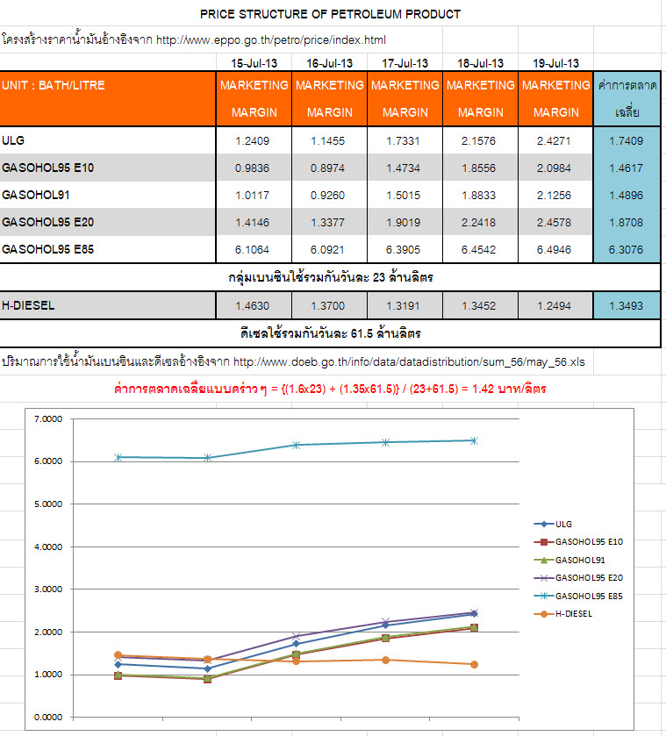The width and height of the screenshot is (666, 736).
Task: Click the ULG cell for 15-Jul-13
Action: (254, 140)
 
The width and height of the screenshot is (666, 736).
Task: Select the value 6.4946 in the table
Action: (556, 249)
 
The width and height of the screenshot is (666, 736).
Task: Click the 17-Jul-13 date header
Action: (405, 63)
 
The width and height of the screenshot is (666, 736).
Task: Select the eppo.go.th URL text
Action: (271, 40)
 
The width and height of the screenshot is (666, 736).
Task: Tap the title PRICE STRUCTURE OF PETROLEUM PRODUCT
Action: (330, 14)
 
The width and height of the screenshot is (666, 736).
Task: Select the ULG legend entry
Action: (564, 524)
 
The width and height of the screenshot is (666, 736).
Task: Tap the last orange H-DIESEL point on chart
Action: (475, 664)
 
